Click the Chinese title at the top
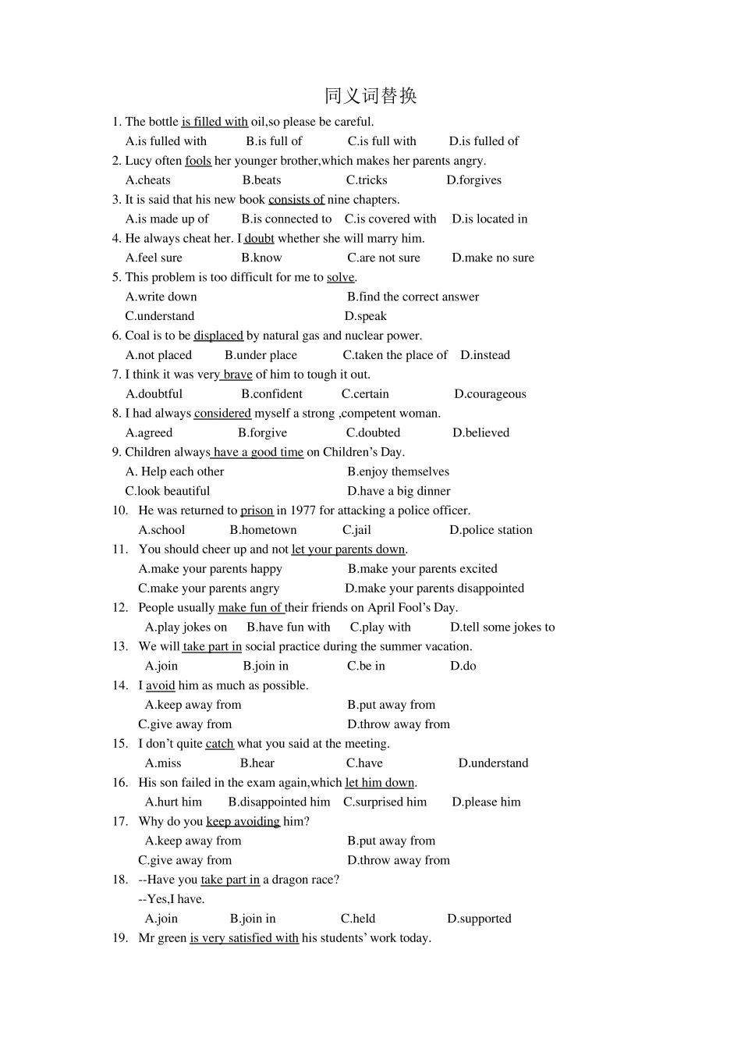coord(370,96)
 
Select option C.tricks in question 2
coord(367,180)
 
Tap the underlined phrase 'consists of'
coord(296,200)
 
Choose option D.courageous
coord(490,394)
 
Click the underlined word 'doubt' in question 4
coord(259,239)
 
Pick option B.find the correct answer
coord(413,297)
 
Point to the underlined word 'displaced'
coord(218,336)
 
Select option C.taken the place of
coord(395,355)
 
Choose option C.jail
coord(356,530)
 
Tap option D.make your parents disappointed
coord(434,589)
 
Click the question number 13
coord(119,646)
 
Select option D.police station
coord(491,530)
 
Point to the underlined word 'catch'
coord(219,744)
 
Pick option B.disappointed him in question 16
coord(279,802)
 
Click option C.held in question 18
coord(358,919)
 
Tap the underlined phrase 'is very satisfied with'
coord(244,938)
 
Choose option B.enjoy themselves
coord(398,471)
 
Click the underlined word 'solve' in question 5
coord(340,278)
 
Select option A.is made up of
coord(167,219)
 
